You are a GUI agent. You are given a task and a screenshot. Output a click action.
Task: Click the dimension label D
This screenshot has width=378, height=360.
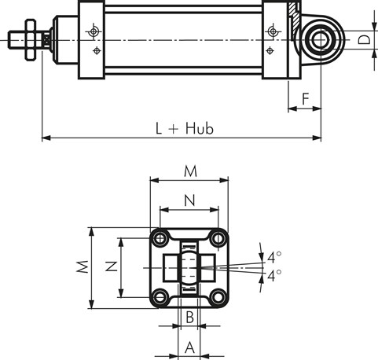point(364,40)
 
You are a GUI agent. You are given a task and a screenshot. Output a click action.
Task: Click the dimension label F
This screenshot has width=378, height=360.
point(306,99)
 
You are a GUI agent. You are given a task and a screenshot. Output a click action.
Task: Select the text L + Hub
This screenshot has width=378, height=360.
point(185,128)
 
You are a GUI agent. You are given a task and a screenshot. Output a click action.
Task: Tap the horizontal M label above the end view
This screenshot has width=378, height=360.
point(190,171)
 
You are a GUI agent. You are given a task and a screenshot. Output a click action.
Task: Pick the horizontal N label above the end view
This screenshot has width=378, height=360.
point(189,200)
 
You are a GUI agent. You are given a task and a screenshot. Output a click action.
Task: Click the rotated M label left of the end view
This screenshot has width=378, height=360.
point(83,266)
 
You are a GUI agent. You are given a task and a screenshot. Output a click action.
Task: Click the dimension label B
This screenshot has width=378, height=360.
point(189,317)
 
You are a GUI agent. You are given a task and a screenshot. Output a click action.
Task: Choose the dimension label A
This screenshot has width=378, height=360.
point(189,347)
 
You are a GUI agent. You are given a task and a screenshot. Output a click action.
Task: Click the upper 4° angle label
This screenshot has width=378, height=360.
point(274,257)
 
